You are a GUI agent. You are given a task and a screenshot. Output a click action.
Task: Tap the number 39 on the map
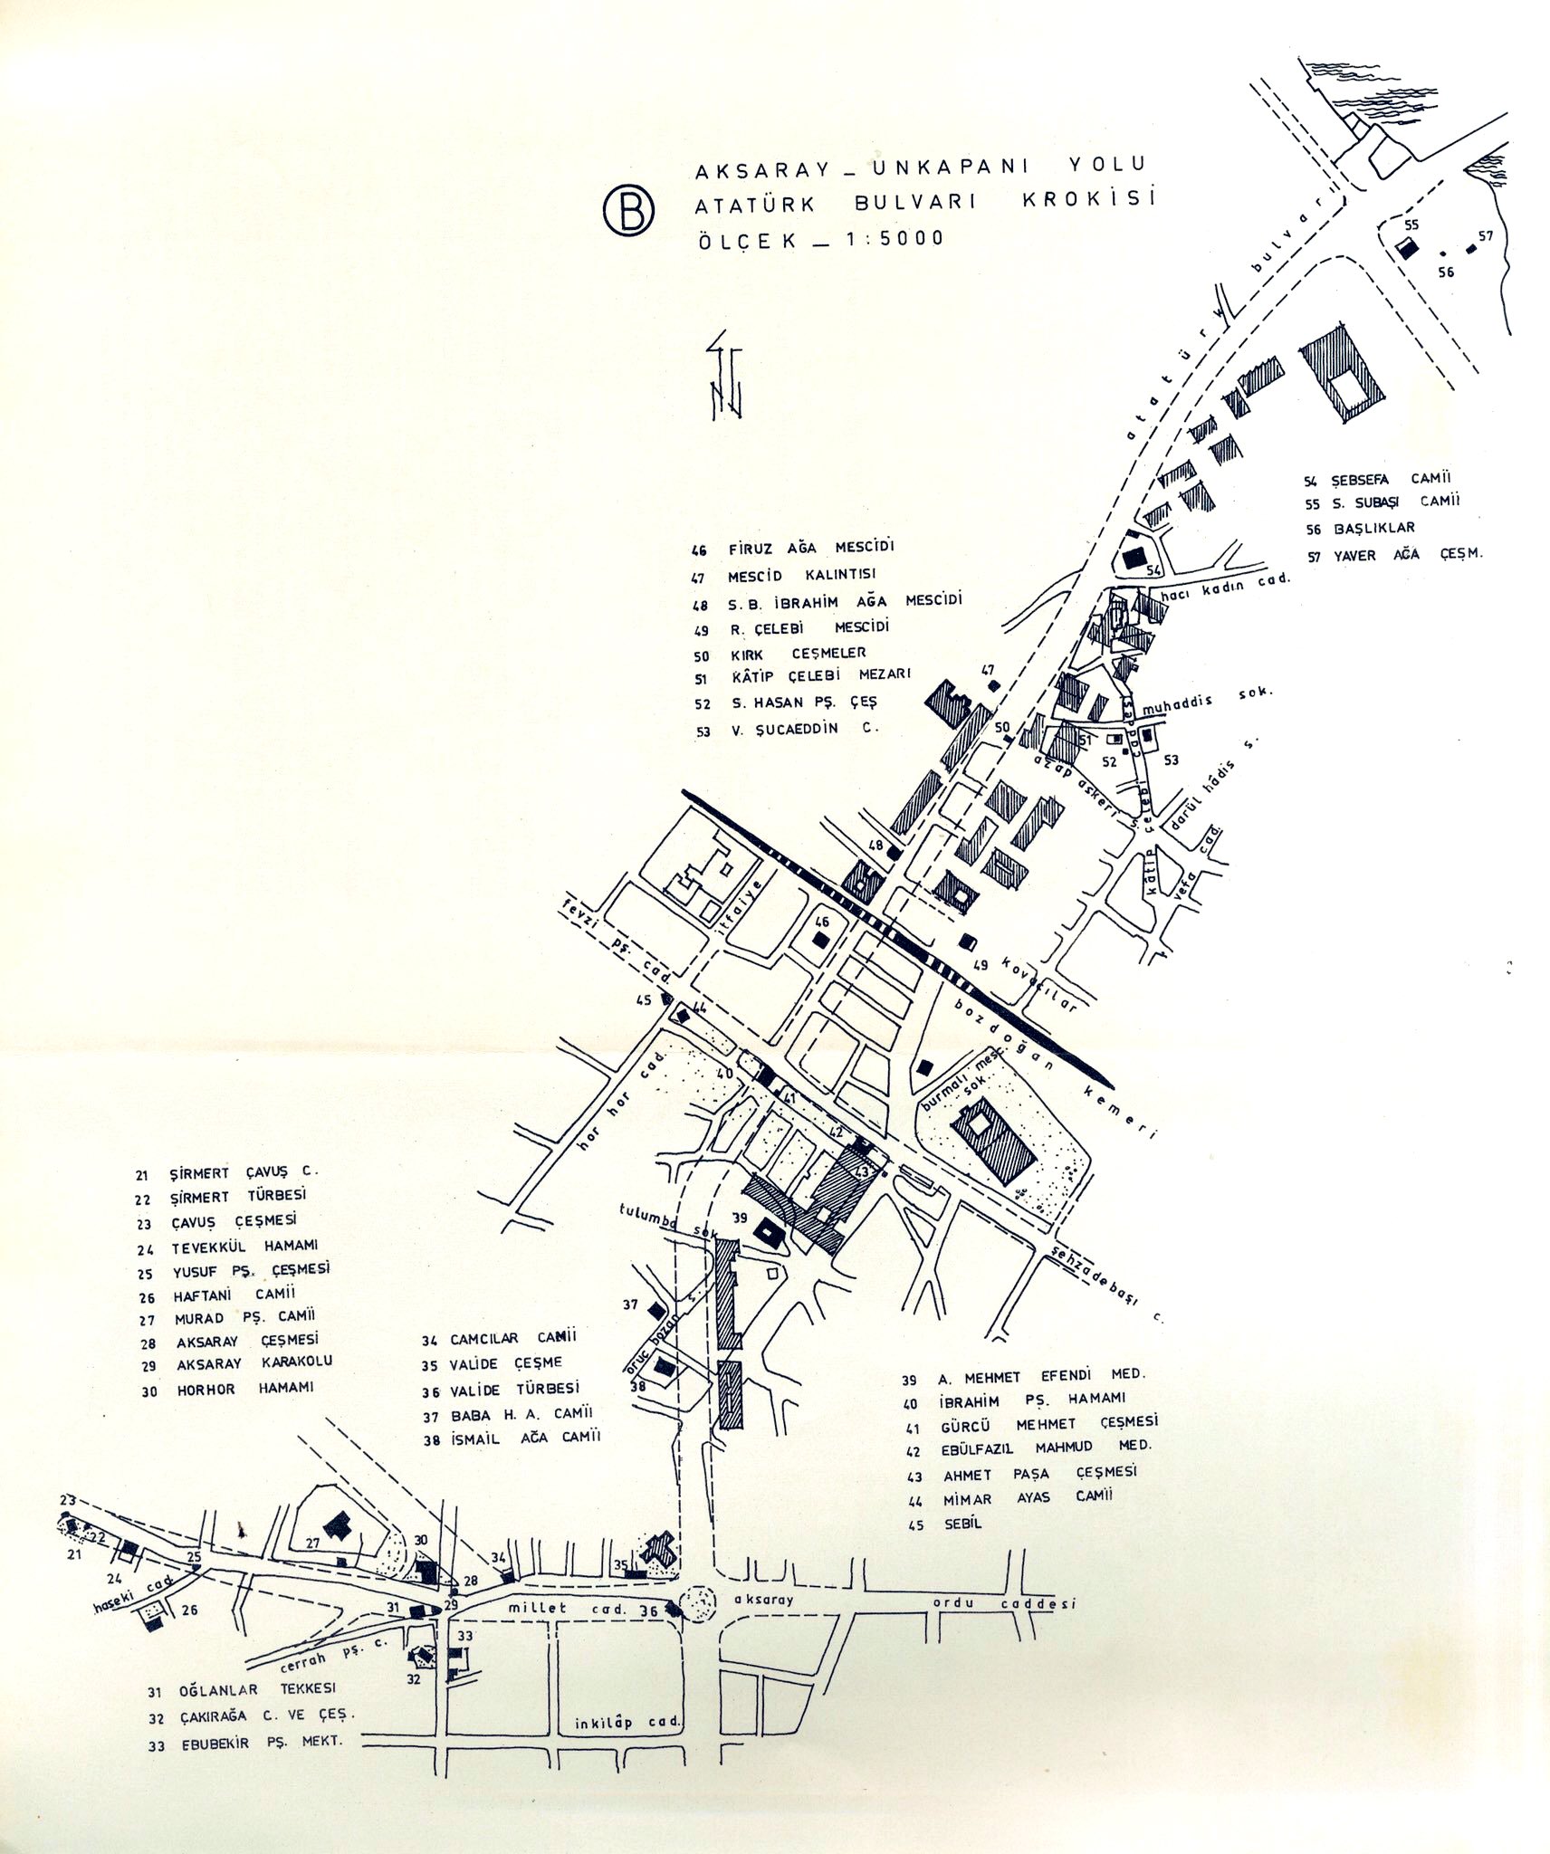pos(740,1216)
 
